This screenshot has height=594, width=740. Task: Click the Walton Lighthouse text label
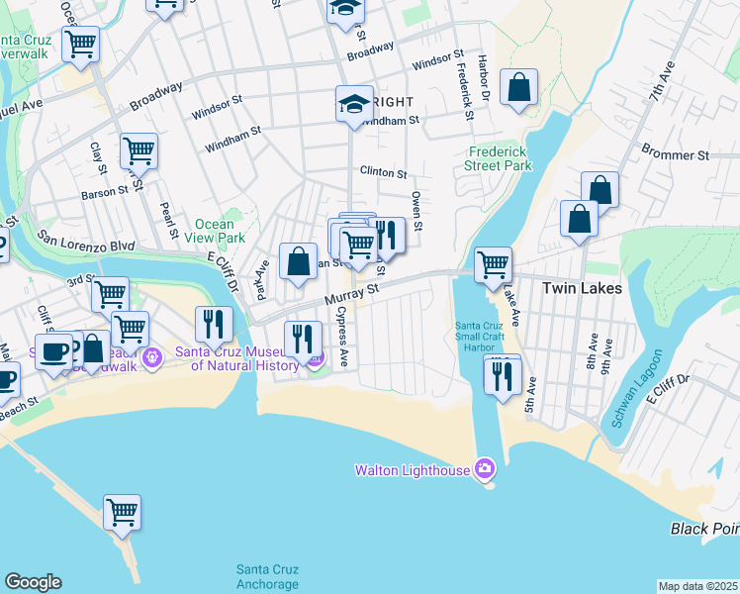pyautogui.click(x=413, y=470)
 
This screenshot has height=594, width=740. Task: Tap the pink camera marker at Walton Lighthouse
pyautogui.click(x=485, y=468)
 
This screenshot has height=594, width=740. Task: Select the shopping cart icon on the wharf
pyautogui.click(x=123, y=513)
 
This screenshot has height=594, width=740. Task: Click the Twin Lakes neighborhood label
pyautogui.click(x=582, y=288)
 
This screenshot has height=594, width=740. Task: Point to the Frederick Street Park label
pyautogui.click(x=499, y=158)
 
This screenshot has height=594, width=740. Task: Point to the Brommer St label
pyautogui.click(x=676, y=155)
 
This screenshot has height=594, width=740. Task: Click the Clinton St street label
pyautogui.click(x=383, y=172)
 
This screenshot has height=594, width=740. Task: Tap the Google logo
pyautogui.click(x=33, y=582)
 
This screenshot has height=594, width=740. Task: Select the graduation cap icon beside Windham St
pyautogui.click(x=354, y=104)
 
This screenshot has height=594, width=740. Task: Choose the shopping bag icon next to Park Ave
pyautogui.click(x=298, y=261)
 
